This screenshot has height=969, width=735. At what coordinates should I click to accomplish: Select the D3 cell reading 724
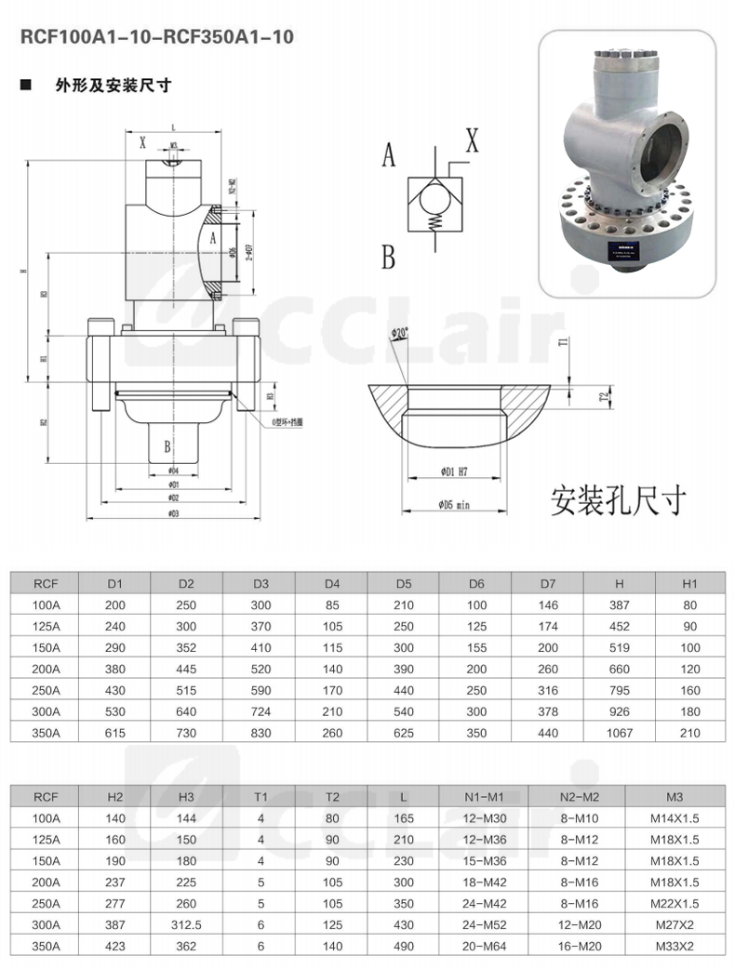pos(261,711)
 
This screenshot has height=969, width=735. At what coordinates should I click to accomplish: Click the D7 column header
pos(548,584)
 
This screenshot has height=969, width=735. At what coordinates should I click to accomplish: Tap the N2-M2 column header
pos(578,797)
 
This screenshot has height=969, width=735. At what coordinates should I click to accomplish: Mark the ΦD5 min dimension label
pos(457,505)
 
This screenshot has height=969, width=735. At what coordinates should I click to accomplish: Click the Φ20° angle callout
pos(401,333)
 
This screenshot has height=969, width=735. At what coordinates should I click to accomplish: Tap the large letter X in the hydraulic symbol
pos(472,141)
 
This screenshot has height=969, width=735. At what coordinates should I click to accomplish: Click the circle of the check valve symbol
pos(433,197)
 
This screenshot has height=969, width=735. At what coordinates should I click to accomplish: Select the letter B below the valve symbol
pos(389,256)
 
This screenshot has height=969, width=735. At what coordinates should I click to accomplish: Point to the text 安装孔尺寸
pos(618,499)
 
